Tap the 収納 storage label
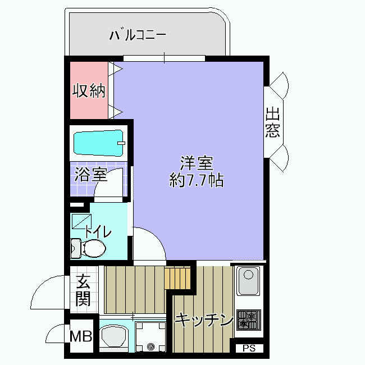point(89,91)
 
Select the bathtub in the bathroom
point(99,143)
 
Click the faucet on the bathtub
point(120,143)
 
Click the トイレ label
point(99,231)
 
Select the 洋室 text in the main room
point(196,163)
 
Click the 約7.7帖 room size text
point(196,180)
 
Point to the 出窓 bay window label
point(273,123)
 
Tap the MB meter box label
point(80,336)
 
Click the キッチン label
point(204,321)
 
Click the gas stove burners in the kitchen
point(247,321)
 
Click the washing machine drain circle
point(150,346)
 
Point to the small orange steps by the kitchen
point(178,277)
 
